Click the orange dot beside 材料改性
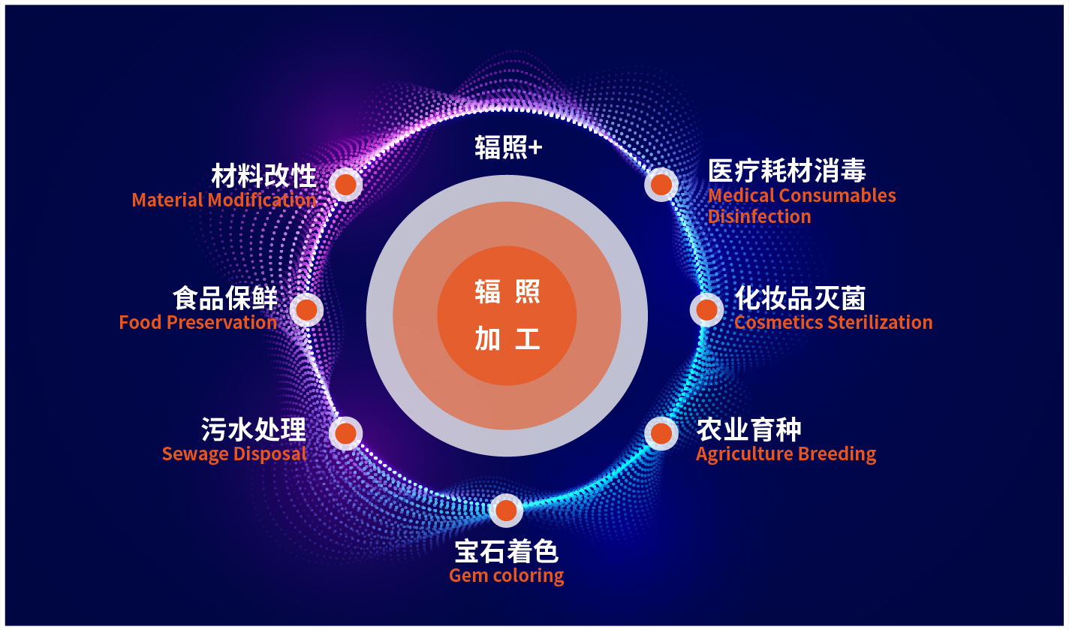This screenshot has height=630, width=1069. click(345, 184)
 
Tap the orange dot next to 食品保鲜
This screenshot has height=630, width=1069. click(306, 310)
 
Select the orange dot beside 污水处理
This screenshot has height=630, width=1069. click(345, 433)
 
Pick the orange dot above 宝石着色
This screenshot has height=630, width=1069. click(506, 510)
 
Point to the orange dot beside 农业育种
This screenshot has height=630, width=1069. click(661, 433)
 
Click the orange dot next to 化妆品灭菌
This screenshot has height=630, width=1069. click(706, 310)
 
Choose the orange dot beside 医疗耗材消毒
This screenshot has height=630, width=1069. click(661, 184)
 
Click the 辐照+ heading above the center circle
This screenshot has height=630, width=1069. click(508, 147)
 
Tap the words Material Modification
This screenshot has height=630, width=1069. click(224, 200)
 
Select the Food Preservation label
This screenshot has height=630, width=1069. click(198, 322)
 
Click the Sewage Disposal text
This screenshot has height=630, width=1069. click(234, 454)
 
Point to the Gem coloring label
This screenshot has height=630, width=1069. click(506, 576)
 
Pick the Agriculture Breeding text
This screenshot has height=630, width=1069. click(786, 454)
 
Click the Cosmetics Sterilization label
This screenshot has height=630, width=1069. click(833, 322)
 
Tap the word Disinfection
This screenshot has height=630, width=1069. click(759, 217)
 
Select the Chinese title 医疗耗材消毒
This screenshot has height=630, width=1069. click(787, 171)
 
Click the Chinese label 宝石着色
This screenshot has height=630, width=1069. click(506, 551)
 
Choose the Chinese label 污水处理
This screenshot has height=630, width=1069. click(254, 429)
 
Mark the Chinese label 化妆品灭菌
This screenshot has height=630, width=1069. click(800, 298)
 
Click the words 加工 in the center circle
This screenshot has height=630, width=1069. click(507, 339)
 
